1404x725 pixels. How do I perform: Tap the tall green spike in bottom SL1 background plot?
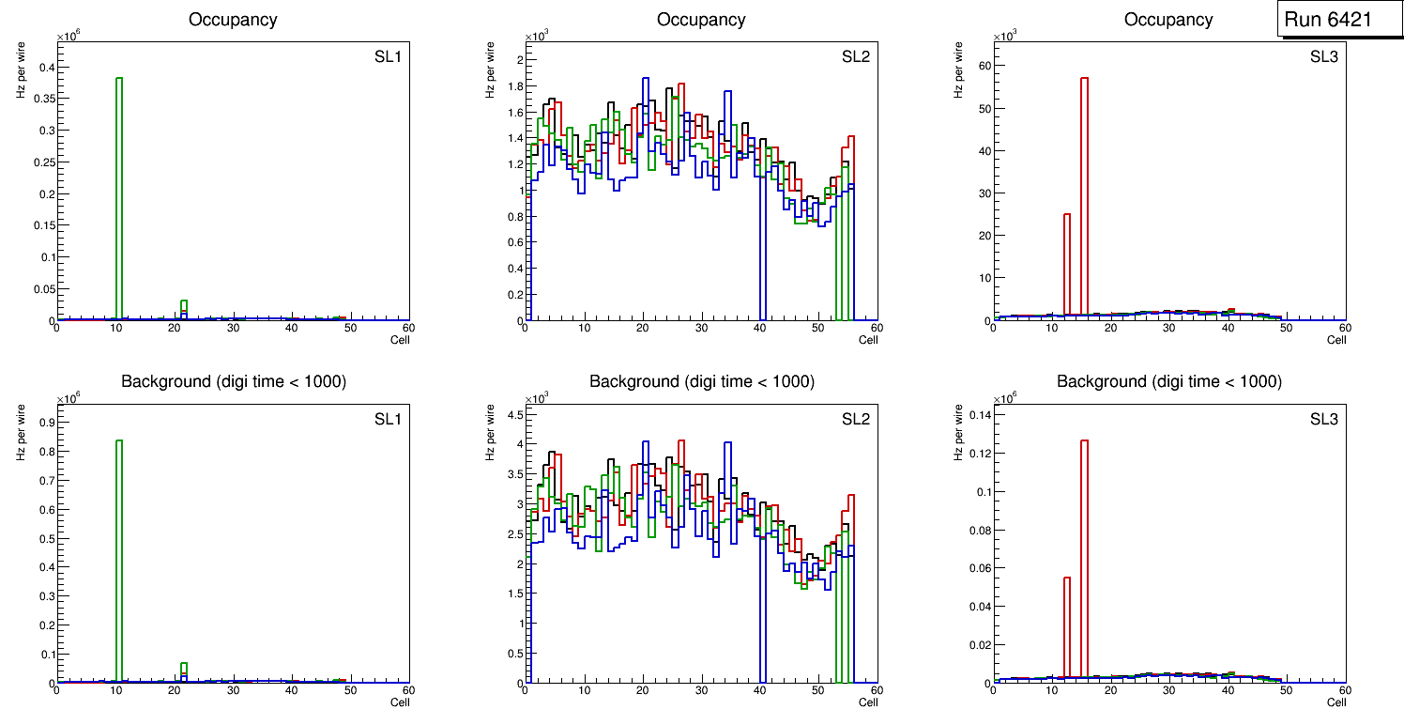tap(119, 563)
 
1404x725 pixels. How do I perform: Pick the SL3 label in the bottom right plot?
tap(1323, 419)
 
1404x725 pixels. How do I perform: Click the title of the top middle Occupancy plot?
tap(701, 19)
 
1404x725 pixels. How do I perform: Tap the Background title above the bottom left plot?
tap(234, 381)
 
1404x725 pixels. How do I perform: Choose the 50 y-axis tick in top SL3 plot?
tap(981, 108)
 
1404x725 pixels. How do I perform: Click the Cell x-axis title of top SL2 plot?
tap(868, 340)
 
